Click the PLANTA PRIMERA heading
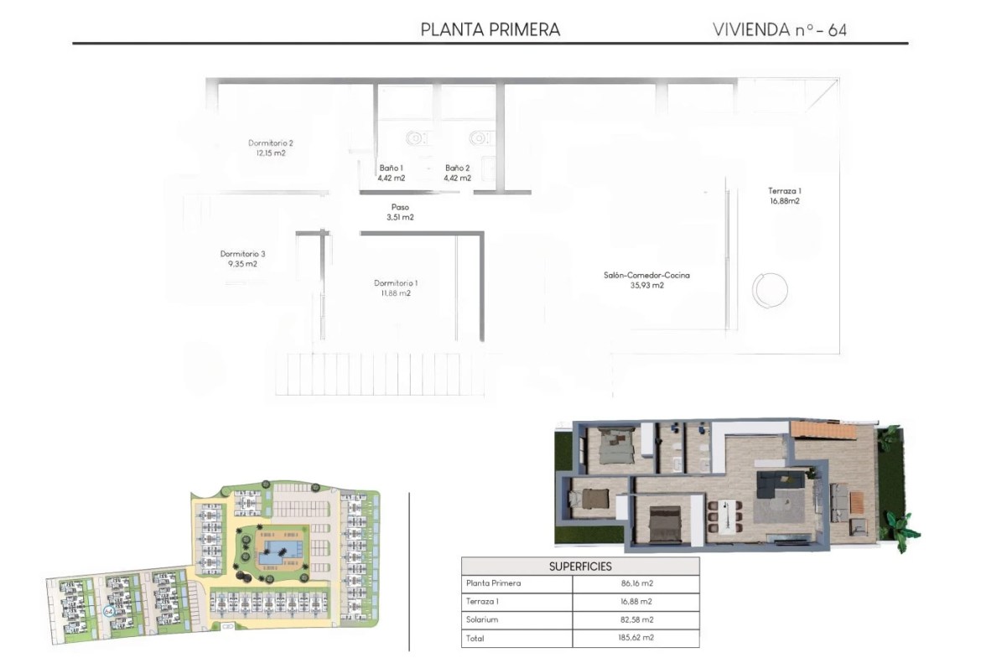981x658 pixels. coord(490,29)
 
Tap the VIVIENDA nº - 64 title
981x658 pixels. coord(780,29)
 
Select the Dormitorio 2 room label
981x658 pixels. coord(270,148)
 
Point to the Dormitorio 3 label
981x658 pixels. coord(243,259)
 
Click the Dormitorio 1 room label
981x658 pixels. coord(396,288)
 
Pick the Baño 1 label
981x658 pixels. coord(391,173)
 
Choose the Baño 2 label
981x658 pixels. coord(457,173)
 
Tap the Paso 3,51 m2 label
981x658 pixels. coord(400,212)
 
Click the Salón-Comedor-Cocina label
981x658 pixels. coord(646,280)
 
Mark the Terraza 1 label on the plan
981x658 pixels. coord(785,196)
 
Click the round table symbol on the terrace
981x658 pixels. coord(770,290)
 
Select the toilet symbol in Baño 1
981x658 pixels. coord(415,138)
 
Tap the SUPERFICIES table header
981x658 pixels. coord(580,567)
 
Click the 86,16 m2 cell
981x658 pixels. coord(637,583)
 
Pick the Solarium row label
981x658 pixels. coord(482,619)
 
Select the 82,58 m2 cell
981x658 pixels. coord(636,619)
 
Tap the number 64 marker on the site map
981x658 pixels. coord(107,611)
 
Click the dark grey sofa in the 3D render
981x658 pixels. coord(780,484)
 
